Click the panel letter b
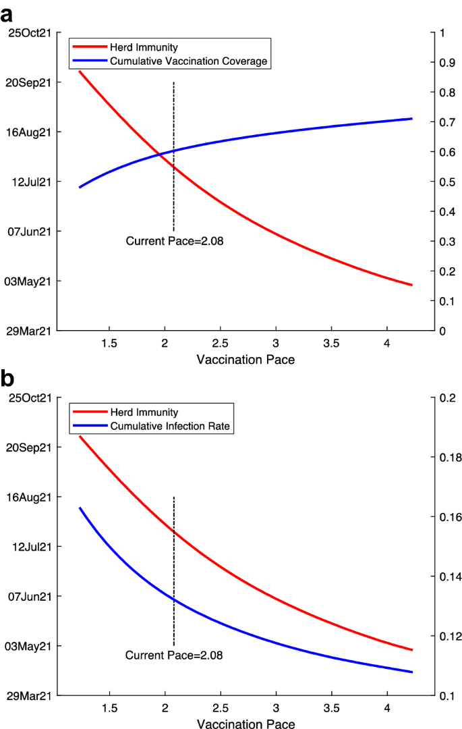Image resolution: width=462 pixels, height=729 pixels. [x=9, y=379]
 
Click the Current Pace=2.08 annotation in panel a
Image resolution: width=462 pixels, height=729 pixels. [x=174, y=240]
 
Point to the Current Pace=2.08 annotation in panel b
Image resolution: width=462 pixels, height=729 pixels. [x=174, y=655]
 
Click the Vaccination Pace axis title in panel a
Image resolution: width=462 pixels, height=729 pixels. [x=246, y=360]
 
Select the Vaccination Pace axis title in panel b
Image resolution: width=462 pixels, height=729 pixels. [x=246, y=724]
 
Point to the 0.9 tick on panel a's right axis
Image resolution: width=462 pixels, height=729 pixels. [x=446, y=63]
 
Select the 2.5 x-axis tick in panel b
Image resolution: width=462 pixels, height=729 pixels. [x=220, y=709]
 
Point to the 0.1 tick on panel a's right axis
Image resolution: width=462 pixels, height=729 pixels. [x=446, y=301]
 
